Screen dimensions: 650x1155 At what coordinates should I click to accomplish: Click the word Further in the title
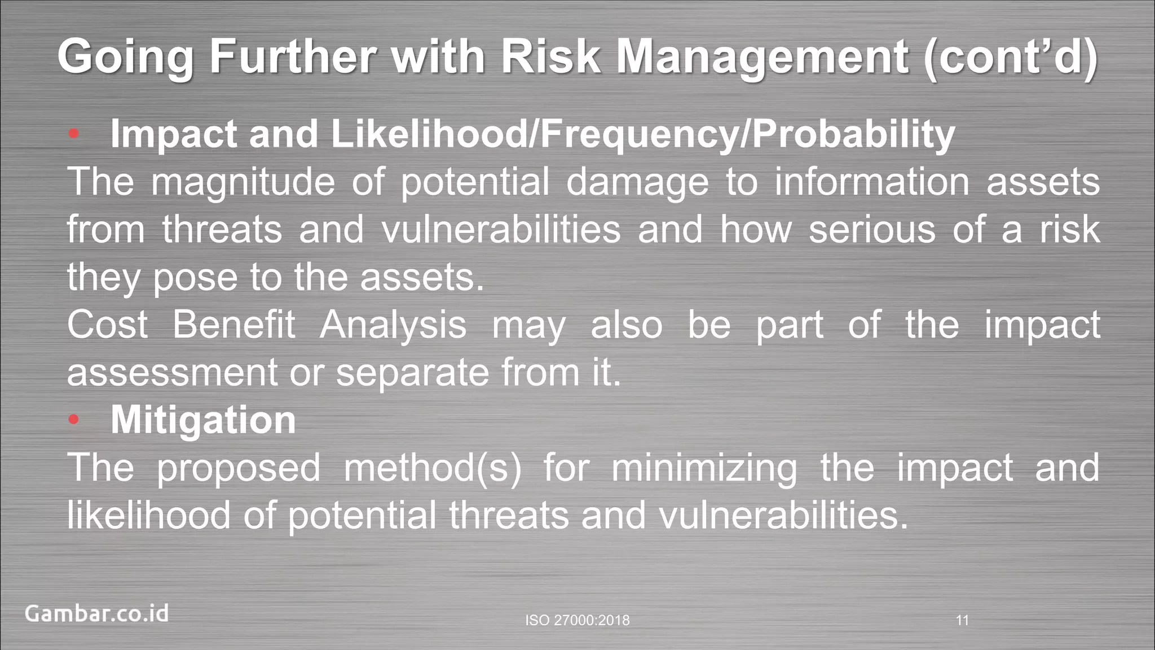tap(292, 56)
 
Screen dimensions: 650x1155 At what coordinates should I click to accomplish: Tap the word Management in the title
tap(762, 56)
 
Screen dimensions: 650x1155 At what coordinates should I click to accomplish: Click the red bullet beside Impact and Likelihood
tap(73, 134)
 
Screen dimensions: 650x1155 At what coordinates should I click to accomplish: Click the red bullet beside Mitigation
tap(73, 420)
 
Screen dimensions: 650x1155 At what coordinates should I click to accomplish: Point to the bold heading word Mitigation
tap(203, 420)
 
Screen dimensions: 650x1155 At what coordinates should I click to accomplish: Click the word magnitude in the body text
tap(243, 182)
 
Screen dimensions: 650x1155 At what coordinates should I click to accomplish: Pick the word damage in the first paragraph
tap(637, 182)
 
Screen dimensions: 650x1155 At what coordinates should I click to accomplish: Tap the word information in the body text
tap(871, 182)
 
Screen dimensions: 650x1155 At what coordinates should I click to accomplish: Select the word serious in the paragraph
tap(872, 230)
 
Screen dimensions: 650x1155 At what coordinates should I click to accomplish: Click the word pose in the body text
tap(195, 278)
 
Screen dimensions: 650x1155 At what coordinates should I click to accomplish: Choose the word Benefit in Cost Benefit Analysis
tap(233, 325)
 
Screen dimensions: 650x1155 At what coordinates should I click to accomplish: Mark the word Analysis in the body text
tap(393, 325)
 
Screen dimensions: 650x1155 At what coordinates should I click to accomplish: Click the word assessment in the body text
tap(172, 373)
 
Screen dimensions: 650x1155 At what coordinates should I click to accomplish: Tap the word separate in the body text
tap(412, 373)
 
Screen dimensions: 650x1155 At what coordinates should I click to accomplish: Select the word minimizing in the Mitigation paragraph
tap(704, 468)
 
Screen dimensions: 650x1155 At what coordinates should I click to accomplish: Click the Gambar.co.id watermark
tap(96, 613)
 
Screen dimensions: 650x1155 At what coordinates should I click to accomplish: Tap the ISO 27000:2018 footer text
tap(577, 621)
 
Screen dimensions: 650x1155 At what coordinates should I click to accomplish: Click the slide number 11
tap(962, 621)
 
